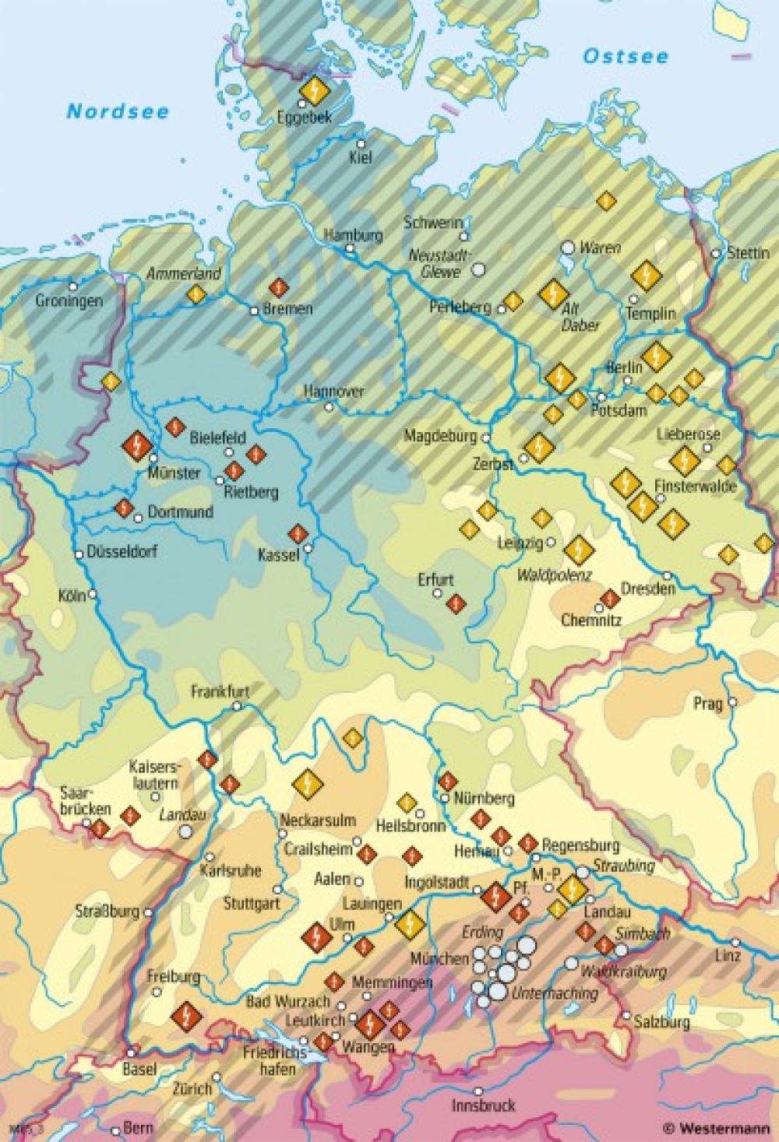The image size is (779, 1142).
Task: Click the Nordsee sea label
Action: [118, 111]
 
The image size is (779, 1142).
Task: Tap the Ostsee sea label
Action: [626, 56]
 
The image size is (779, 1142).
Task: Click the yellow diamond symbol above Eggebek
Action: [314, 91]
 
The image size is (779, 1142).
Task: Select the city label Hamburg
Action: [353, 235]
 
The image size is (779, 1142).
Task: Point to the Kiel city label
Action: [361, 158]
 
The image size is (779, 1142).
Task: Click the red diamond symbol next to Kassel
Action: [296, 533]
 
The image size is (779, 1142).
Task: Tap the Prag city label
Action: [708, 704]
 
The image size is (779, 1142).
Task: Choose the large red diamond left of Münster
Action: [137, 446]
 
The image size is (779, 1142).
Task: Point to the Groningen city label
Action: [69, 300]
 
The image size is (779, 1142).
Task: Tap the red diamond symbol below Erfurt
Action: [456, 602]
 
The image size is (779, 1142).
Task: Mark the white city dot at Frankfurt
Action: [238, 707]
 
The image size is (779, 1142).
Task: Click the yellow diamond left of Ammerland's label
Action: [196, 293]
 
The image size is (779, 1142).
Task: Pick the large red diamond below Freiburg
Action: [186, 1015]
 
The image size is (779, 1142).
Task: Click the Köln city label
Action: [71, 596]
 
